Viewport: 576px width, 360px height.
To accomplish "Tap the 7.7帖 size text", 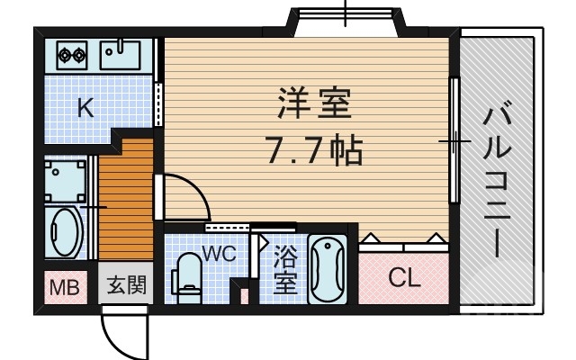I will pos(313,148).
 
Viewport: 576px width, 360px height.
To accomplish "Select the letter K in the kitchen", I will pos(85,109).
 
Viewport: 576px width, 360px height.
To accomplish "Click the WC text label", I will pos(219,253).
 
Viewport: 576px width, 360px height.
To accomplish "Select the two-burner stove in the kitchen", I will pos(71,55).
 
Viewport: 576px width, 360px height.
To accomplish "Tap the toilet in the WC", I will pos(188,274).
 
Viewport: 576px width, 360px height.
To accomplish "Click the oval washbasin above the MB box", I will pos(64,234).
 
